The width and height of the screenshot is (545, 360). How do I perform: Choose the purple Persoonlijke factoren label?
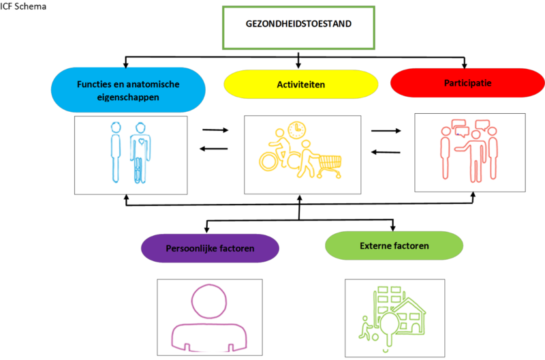[210, 248]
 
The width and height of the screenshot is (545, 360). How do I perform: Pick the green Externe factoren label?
[394, 245]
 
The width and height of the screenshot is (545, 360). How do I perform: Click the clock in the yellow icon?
[296, 130]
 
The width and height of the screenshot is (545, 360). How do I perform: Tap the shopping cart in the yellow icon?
[328, 162]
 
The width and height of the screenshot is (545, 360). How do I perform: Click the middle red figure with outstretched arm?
[476, 154]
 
